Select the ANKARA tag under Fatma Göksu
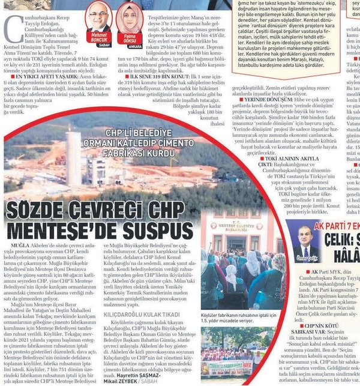pos(134,44)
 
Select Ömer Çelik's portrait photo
pos(304,241)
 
